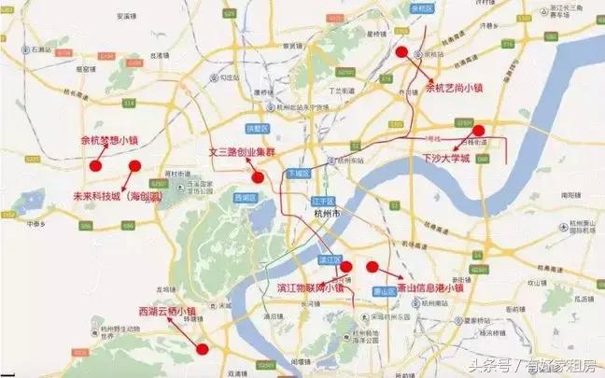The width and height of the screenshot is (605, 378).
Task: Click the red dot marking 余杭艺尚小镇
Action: click(x=402, y=52)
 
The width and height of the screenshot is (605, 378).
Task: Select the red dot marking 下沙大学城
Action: click(x=479, y=131)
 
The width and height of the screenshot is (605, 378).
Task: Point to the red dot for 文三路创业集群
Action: click(x=257, y=177)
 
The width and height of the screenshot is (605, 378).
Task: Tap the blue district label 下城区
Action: click(x=298, y=175)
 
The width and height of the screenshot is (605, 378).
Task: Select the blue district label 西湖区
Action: click(x=245, y=198)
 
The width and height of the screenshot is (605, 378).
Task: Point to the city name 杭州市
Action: click(x=317, y=214)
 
